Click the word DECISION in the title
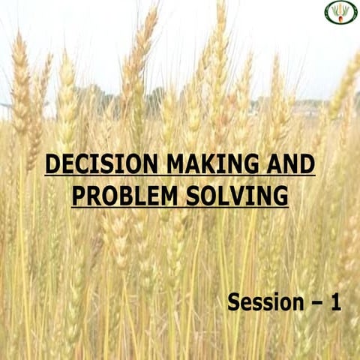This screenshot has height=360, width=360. (95, 163)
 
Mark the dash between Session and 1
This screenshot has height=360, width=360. (314, 304)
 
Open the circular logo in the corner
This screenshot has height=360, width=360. (340, 13)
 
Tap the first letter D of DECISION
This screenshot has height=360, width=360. (52, 163)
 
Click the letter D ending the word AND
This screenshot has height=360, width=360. (307, 163)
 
